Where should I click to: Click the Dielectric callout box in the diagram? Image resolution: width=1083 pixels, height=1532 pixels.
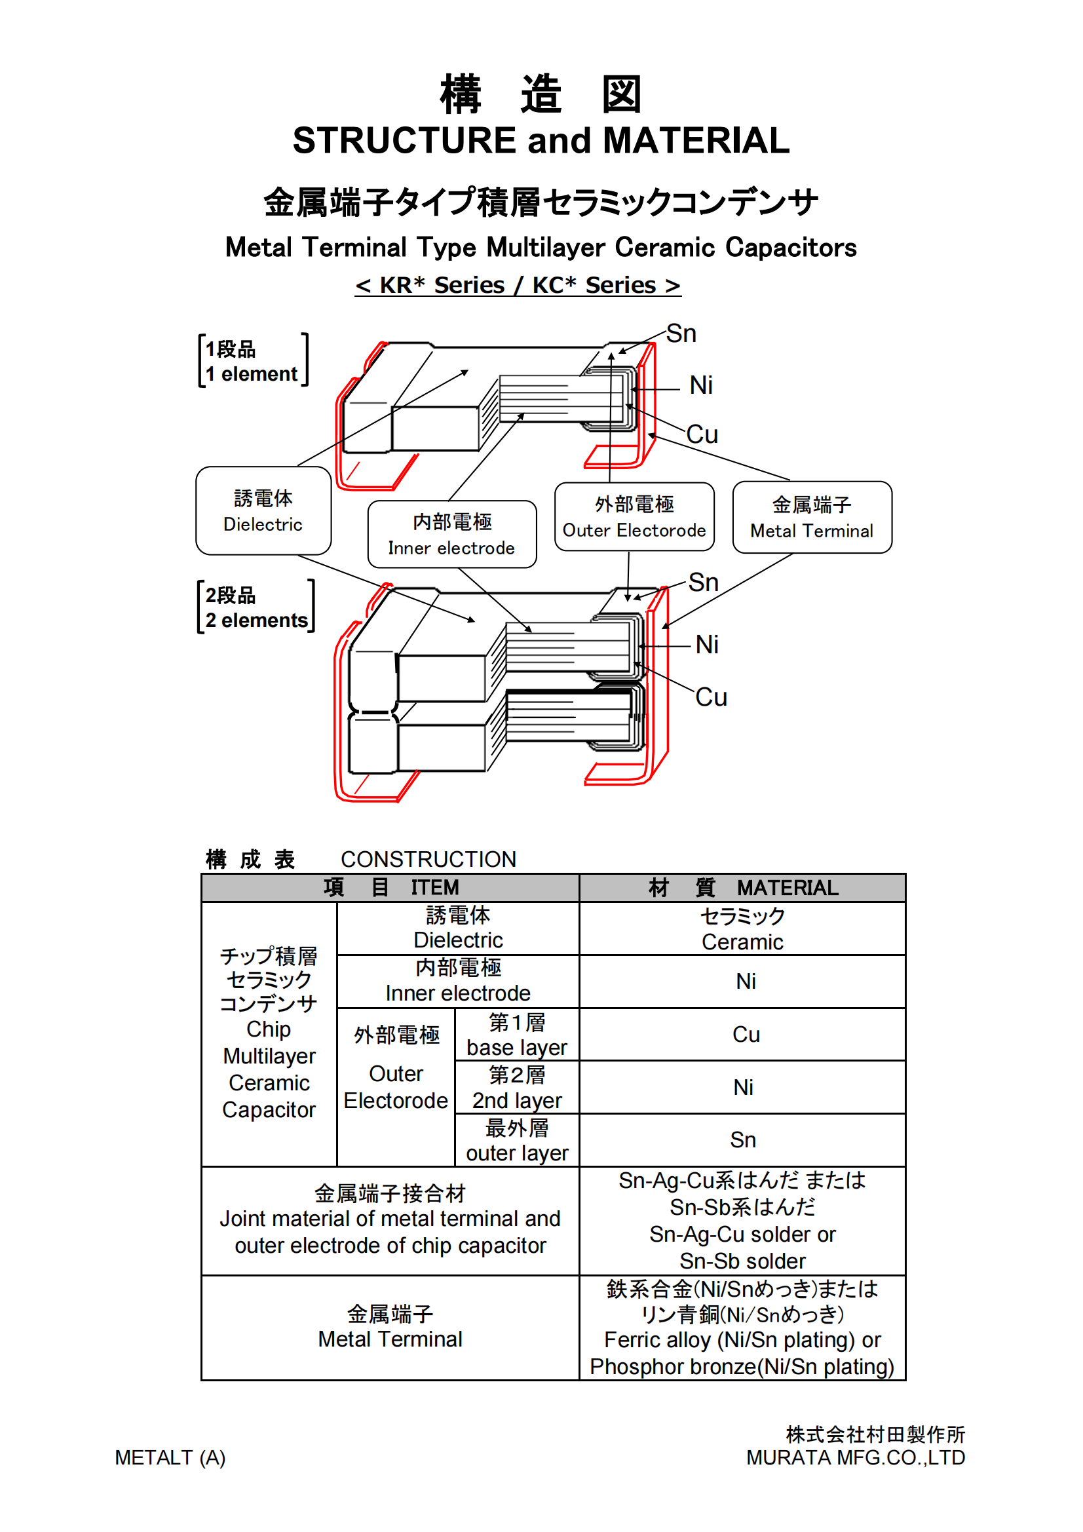(x=263, y=510)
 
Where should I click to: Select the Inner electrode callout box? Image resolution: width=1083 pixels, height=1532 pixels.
(x=452, y=535)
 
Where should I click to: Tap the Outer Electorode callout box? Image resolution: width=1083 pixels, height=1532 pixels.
(x=634, y=517)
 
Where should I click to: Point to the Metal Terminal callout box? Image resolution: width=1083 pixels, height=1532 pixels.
(x=811, y=518)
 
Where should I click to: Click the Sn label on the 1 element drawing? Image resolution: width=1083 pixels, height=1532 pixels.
(x=681, y=334)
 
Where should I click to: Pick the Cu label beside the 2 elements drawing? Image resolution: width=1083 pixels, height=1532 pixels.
(x=711, y=697)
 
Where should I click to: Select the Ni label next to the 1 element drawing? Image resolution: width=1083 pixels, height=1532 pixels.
(x=700, y=385)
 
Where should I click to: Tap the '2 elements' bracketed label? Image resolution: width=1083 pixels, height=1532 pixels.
(x=256, y=607)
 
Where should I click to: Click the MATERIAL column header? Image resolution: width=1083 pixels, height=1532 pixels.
(x=742, y=887)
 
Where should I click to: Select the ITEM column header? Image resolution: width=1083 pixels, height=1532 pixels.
(x=390, y=887)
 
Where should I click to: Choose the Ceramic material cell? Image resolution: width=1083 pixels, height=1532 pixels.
(x=742, y=929)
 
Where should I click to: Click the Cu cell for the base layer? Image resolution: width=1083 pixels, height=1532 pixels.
(x=746, y=1034)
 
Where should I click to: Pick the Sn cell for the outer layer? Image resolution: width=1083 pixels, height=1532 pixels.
(x=743, y=1139)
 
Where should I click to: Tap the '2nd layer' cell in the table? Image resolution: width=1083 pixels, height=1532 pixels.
(x=516, y=1088)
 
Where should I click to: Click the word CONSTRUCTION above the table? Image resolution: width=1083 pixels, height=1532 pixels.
(x=428, y=860)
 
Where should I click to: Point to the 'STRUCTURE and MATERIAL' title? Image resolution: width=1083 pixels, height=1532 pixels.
(x=541, y=141)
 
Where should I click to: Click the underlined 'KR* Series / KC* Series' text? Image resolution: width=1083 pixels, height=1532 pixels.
(x=517, y=286)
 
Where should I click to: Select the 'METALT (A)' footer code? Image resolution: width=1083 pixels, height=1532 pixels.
(x=170, y=1458)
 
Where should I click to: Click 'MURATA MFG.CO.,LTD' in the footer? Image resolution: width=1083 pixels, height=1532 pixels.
(x=856, y=1458)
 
